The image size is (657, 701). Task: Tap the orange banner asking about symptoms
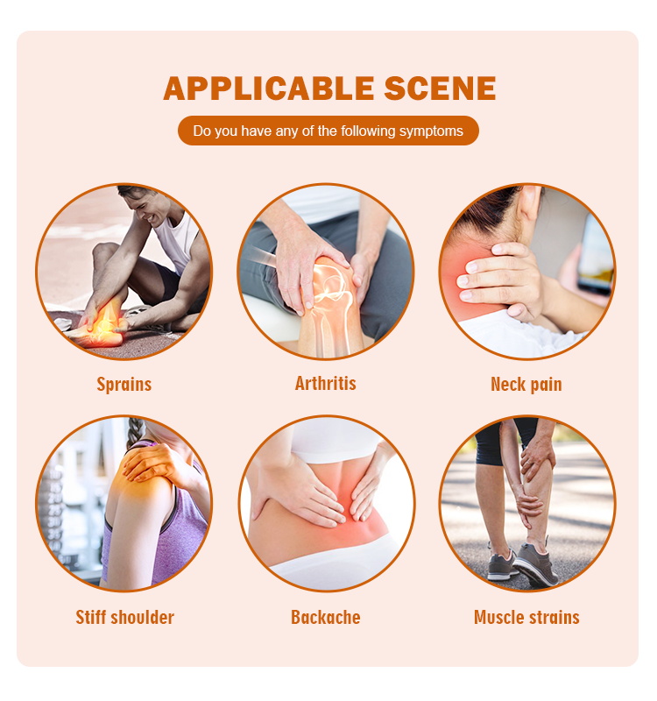328,131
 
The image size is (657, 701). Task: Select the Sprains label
124,384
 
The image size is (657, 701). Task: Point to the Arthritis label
326,383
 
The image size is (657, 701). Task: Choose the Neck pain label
526,384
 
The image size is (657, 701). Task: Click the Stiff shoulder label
124,617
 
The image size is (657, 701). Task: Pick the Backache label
326,617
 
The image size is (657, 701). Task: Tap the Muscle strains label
526,617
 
